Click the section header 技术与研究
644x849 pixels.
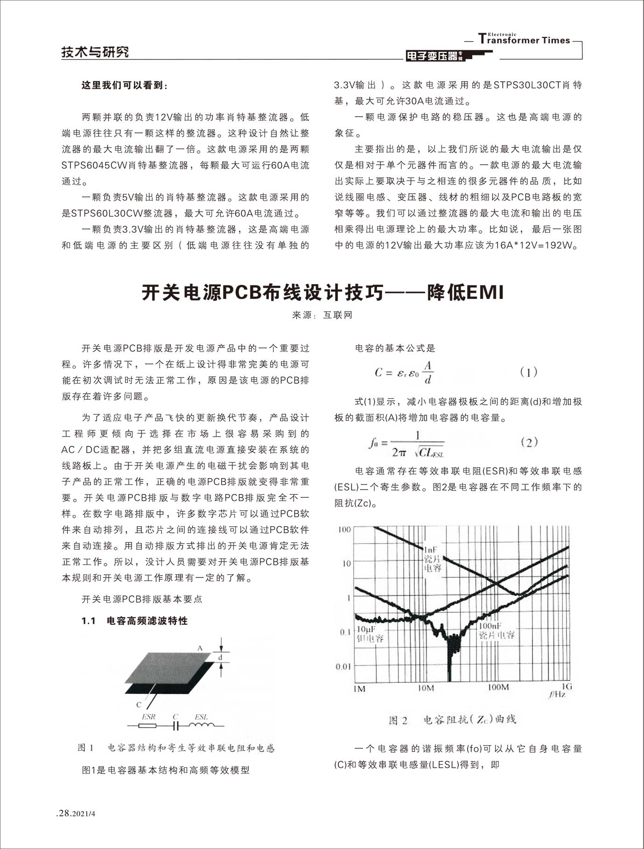pyautogui.click(x=95, y=52)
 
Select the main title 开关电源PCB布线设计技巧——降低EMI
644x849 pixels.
pyautogui.click(x=322, y=293)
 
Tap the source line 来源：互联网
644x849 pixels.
pyautogui.click(x=322, y=315)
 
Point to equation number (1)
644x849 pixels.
pyautogui.click(x=528, y=372)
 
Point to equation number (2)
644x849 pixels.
pyautogui.click(x=529, y=442)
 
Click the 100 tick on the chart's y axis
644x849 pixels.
pyautogui.click(x=344, y=529)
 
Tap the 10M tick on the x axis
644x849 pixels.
pyautogui.click(x=425, y=688)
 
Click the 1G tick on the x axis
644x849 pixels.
pyautogui.click(x=566, y=686)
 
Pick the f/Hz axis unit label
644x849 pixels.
pyautogui.click(x=557, y=695)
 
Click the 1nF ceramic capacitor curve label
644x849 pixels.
pyautogui.click(x=432, y=559)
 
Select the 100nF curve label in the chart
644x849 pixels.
pyautogui.click(x=496, y=630)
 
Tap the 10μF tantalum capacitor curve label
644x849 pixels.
pyautogui.click(x=370, y=633)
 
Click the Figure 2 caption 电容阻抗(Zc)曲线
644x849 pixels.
pyautogui.click(x=453, y=720)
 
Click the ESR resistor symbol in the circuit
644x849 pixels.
pyautogui.click(x=148, y=726)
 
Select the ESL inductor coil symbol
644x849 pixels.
pyautogui.click(x=202, y=725)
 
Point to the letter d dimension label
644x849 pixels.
pyautogui.click(x=221, y=658)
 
